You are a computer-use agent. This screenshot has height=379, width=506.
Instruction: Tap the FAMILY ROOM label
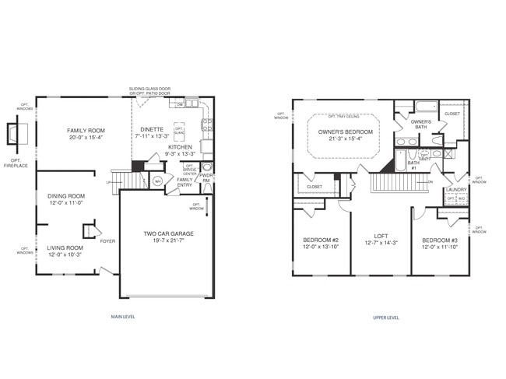86,131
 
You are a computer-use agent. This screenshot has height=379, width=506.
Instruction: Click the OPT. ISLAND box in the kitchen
179,129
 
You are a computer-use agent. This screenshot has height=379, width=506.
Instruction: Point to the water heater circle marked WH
157,182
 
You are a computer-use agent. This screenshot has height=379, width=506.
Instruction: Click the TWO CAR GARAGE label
168,233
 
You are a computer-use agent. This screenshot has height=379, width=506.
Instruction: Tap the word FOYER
107,241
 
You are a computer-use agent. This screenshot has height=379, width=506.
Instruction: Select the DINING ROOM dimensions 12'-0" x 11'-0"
65,203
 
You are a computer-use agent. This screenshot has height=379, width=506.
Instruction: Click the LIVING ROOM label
65,247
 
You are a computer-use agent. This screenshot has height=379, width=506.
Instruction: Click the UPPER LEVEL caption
386,318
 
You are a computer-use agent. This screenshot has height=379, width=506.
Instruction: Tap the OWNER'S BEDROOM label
345,132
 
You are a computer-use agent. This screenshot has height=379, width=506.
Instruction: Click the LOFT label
381,235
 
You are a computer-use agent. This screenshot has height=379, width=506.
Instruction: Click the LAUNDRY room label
455,189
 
